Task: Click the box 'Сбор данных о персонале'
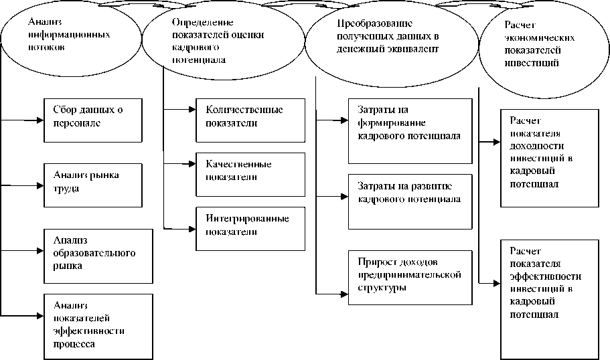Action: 92,119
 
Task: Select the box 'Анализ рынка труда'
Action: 92,183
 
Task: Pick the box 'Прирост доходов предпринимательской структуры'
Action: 409,274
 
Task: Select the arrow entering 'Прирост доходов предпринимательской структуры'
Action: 331,293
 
